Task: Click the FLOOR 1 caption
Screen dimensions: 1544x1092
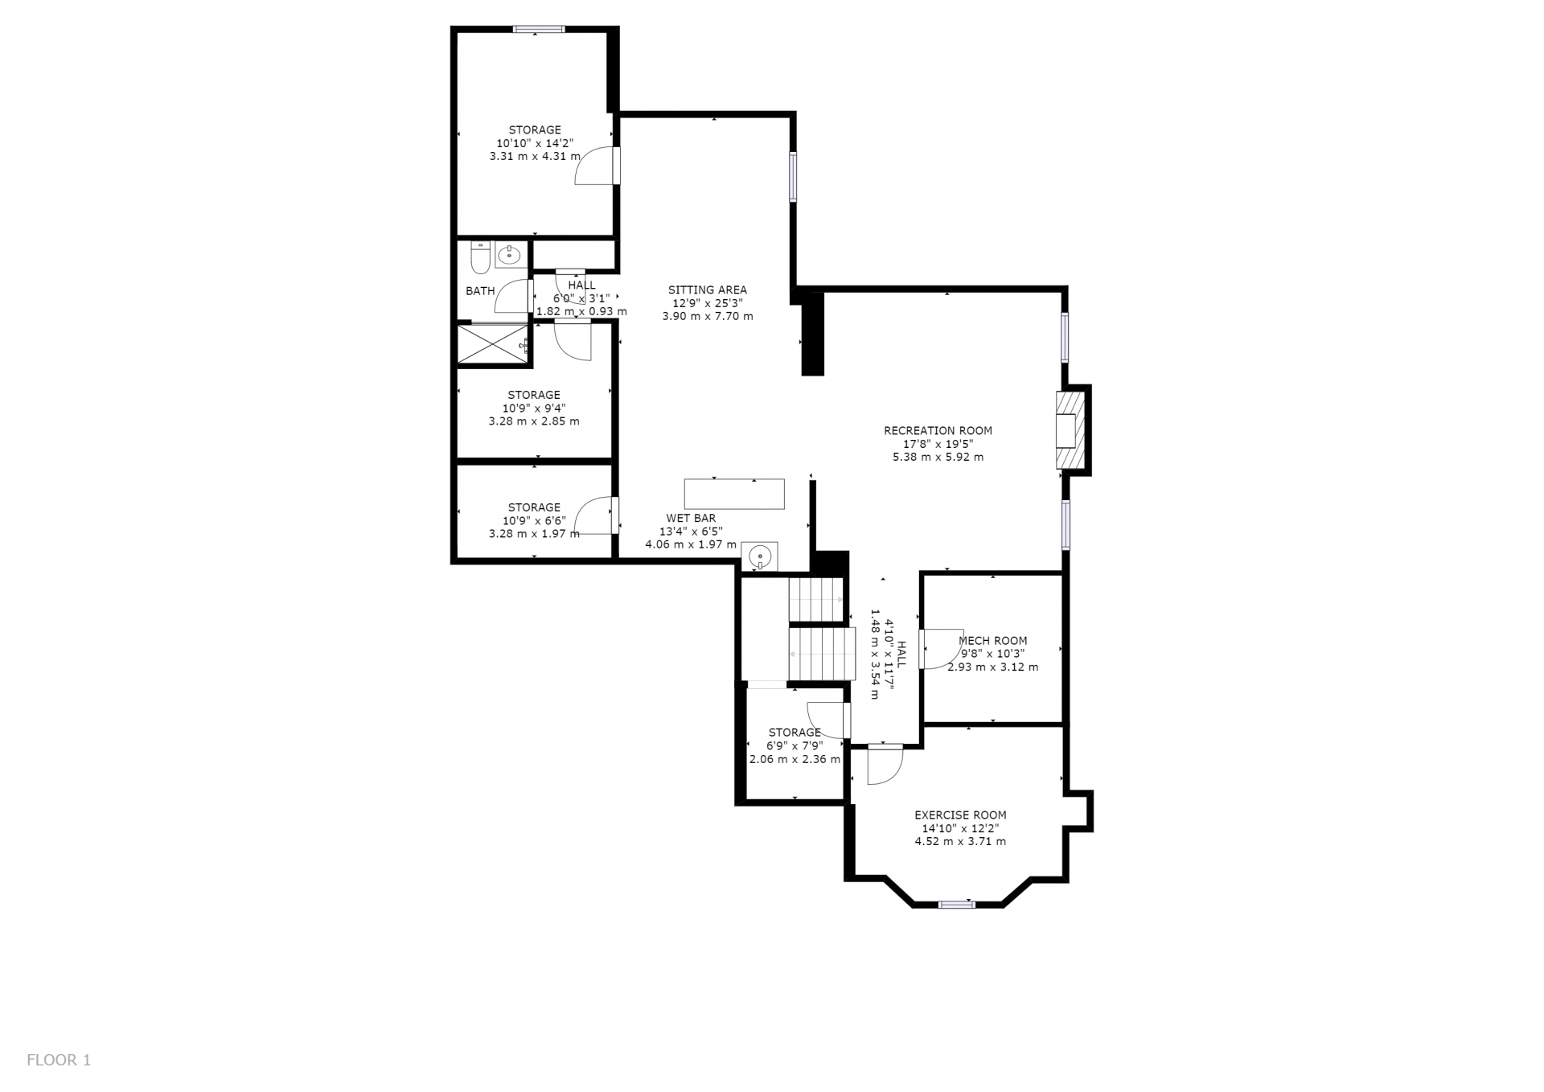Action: pyautogui.click(x=59, y=1060)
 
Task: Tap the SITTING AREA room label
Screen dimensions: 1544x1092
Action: pyautogui.click(x=708, y=290)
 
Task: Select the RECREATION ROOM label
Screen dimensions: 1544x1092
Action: pyautogui.click(x=938, y=431)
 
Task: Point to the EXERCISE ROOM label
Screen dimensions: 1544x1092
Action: pyautogui.click(x=960, y=815)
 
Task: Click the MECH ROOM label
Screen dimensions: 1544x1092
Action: pyautogui.click(x=993, y=641)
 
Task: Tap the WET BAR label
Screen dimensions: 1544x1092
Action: pyautogui.click(x=691, y=519)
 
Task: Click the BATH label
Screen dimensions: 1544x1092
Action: pyautogui.click(x=480, y=291)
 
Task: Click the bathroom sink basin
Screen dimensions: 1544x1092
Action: pyautogui.click(x=509, y=256)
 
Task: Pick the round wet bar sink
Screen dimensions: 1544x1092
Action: pyautogui.click(x=759, y=556)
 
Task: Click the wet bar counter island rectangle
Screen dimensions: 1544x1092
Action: pyautogui.click(x=734, y=494)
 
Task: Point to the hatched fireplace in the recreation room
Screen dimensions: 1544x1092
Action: pyautogui.click(x=1070, y=430)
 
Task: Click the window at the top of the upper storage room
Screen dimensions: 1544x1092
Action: pyautogui.click(x=539, y=30)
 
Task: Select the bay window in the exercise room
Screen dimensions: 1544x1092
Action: pyautogui.click(x=957, y=905)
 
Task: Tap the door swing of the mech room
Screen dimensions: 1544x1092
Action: pyautogui.click(x=942, y=649)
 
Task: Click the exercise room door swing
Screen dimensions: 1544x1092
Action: pyautogui.click(x=885, y=765)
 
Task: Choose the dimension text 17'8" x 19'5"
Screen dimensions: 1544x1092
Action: pyautogui.click(x=938, y=444)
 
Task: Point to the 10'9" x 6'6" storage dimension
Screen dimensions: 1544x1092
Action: pyautogui.click(x=534, y=520)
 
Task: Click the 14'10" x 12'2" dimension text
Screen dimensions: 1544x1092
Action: pyautogui.click(x=960, y=828)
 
